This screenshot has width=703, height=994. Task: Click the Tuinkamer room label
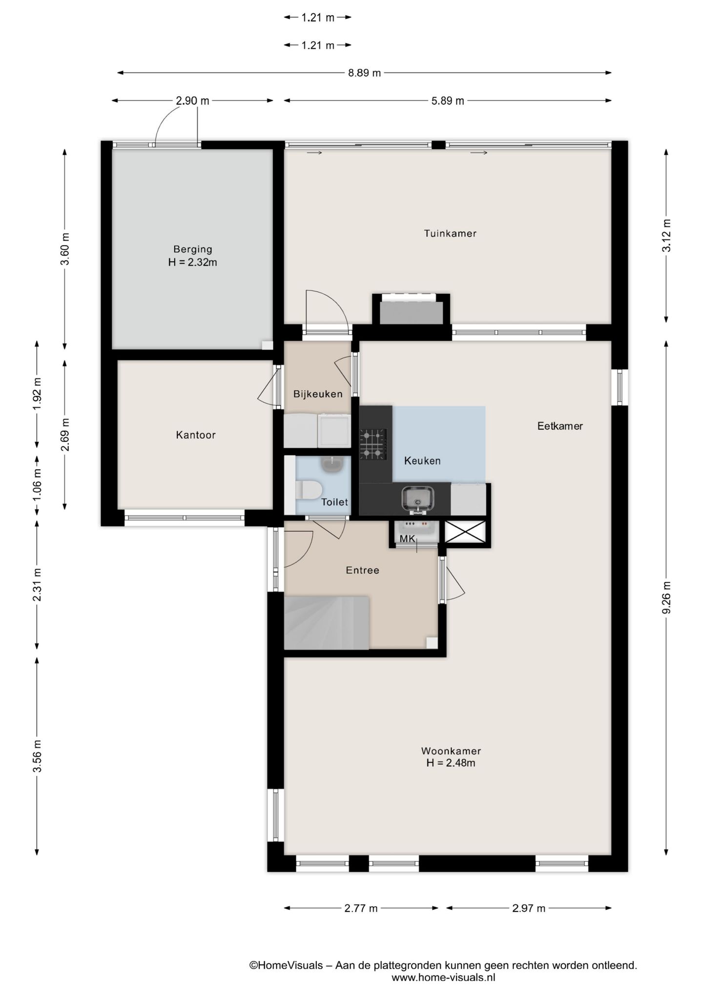click(x=450, y=233)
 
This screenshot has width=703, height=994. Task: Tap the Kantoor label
click(x=196, y=435)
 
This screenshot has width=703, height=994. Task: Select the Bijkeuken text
click(x=318, y=394)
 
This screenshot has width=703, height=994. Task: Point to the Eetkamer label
click(x=560, y=426)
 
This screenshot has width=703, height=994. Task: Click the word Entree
click(x=362, y=570)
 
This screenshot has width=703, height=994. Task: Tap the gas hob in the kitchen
click(x=373, y=444)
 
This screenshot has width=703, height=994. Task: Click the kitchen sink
click(x=418, y=500)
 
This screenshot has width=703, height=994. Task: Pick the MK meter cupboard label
click(x=407, y=539)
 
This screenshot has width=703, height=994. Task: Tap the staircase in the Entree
click(x=326, y=622)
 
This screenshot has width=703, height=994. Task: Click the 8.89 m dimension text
click(x=364, y=73)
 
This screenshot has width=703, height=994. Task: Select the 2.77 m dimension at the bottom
click(x=361, y=909)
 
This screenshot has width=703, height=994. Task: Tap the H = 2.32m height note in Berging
click(x=193, y=263)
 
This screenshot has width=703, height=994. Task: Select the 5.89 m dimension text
click(x=448, y=101)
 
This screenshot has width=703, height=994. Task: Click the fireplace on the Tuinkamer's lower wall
click(x=411, y=310)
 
